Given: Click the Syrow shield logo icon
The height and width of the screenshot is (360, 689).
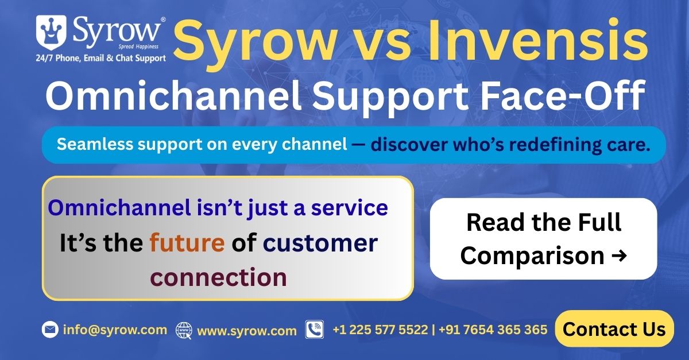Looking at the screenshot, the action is click(51, 33).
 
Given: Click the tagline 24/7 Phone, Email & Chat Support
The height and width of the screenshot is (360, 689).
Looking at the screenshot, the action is click(101, 58).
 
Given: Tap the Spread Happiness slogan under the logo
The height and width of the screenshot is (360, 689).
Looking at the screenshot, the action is click(138, 47).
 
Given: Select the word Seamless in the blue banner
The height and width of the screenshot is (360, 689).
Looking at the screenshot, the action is click(95, 144).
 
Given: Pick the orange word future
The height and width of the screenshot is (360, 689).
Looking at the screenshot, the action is click(187, 243).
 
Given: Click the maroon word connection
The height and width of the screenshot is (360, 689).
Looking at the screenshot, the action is click(219, 277).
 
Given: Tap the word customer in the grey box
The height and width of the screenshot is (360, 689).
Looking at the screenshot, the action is click(320, 243).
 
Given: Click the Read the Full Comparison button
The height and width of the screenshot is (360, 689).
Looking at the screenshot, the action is click(544, 239).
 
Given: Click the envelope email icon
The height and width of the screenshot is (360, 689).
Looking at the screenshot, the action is click(50, 330).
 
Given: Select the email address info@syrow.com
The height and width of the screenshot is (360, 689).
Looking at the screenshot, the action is click(115, 330).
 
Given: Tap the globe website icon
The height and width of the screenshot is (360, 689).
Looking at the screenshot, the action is click(184, 331).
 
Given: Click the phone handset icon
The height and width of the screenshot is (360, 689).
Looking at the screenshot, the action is click(315, 330).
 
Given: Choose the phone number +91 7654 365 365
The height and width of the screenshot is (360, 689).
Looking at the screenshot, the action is click(493, 330).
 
